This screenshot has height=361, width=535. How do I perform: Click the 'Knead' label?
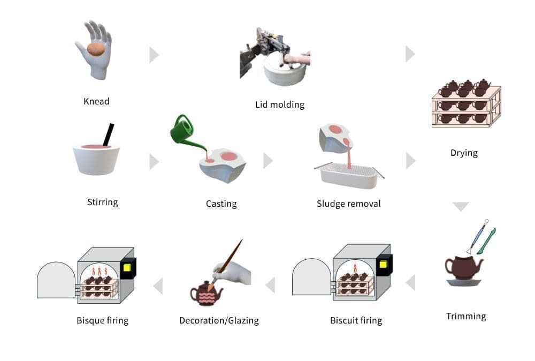[96, 101]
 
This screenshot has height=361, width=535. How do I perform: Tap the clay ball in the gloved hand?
[96, 49]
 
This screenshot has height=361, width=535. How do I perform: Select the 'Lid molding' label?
[280, 104]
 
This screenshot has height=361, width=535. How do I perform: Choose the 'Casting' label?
[221, 204]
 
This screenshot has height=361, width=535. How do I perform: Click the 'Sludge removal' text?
[348, 204]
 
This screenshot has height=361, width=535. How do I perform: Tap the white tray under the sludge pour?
[348, 177]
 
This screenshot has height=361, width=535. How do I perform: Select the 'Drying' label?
[464, 153]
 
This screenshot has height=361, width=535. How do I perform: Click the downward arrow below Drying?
[461, 206]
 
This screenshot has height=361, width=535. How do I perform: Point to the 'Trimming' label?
[466, 316]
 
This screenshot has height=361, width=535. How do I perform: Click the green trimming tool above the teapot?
[486, 242]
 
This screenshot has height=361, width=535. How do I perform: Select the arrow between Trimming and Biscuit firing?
[411, 282]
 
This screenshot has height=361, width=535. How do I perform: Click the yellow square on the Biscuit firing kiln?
[383, 265]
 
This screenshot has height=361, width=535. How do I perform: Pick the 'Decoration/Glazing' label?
[219, 320]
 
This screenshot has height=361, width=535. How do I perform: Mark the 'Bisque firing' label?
[102, 320]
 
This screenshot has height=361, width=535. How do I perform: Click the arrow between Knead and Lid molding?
[154, 55]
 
